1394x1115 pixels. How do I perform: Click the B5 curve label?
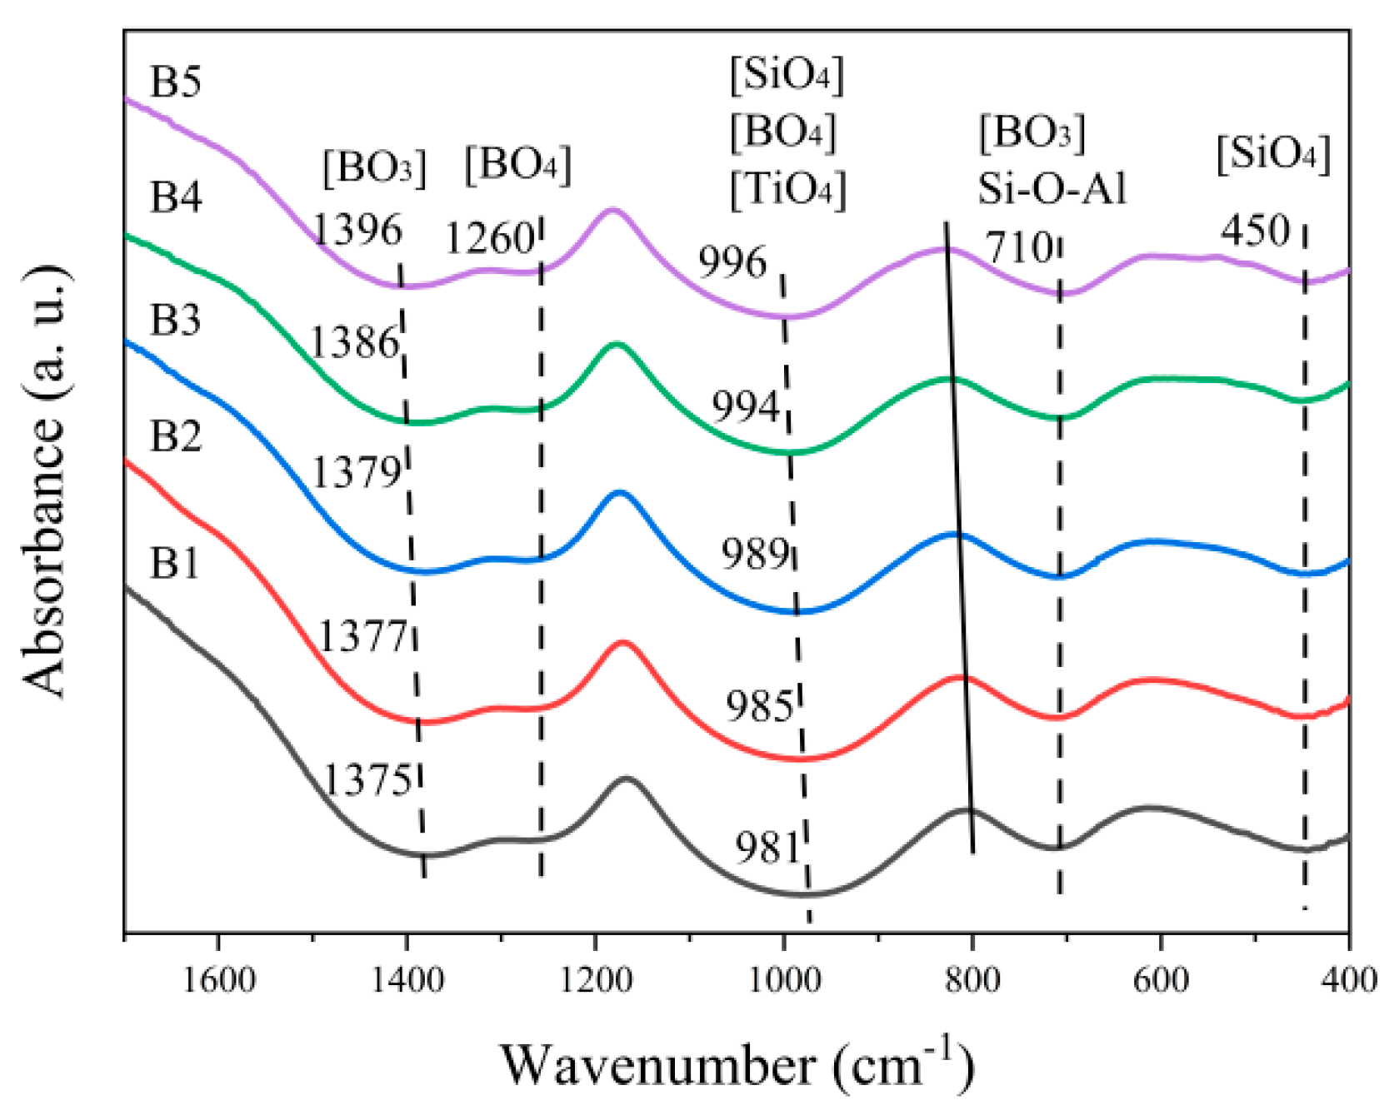175,82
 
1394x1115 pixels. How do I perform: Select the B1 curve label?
175,564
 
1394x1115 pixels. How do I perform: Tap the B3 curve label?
175,320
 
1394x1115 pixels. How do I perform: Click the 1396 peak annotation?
357,230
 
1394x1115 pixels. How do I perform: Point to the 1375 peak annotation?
367,780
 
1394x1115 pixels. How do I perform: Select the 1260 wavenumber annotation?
489,239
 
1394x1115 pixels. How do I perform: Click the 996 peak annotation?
732,263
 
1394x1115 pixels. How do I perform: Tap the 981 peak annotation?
767,848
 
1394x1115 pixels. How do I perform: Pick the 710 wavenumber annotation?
1019,247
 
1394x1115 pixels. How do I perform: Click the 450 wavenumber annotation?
1255,230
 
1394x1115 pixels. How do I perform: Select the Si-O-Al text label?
1052,189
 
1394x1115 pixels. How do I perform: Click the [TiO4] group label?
787,189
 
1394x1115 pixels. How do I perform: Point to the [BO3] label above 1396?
374,167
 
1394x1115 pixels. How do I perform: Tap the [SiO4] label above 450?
1272,153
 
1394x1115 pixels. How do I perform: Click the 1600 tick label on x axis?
218,980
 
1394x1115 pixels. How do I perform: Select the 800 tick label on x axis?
972,980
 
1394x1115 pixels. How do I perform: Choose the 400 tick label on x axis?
1348,980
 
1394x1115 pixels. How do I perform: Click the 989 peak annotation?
755,554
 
